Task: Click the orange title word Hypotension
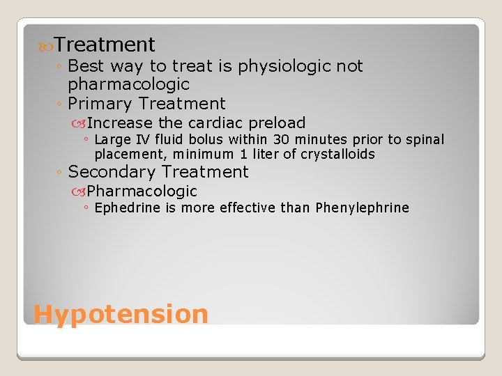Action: (121, 314)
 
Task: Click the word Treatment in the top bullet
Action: (105, 45)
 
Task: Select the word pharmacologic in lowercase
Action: (128, 84)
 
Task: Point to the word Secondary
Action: (111, 172)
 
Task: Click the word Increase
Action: (120, 123)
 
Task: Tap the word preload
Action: (277, 123)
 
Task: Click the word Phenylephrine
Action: (362, 207)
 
